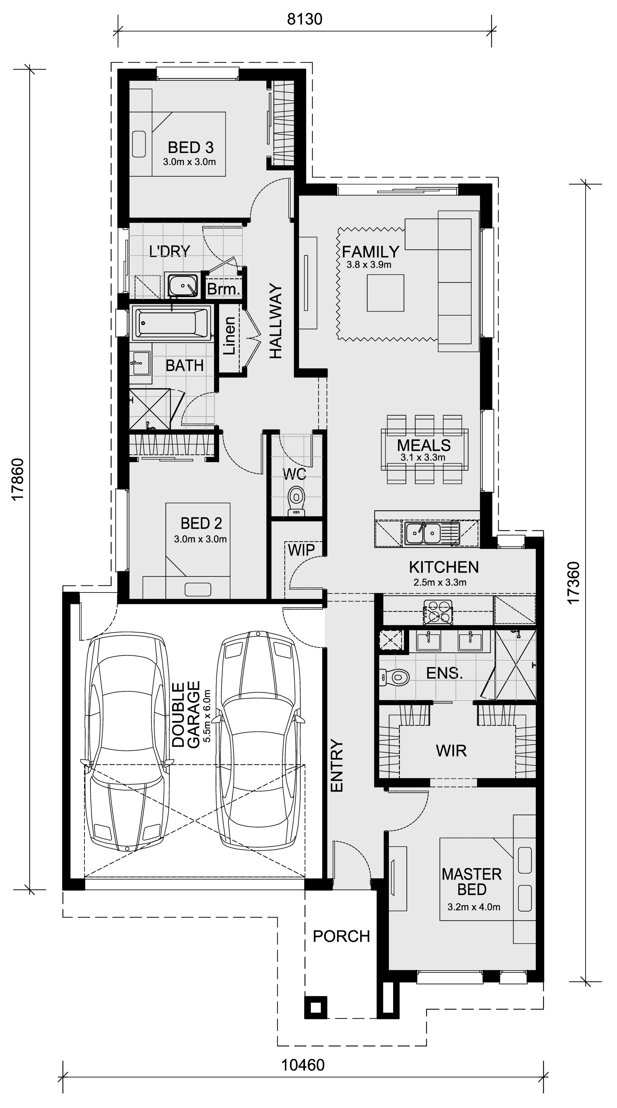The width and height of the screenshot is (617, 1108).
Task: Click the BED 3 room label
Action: coord(191,148)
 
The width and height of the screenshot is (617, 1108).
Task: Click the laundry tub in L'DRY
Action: coord(183,285)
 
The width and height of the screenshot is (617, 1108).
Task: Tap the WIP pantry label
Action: coord(301,549)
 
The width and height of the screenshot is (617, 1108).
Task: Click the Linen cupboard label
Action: coord(229,336)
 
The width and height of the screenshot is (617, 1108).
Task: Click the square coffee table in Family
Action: coord(385,293)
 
